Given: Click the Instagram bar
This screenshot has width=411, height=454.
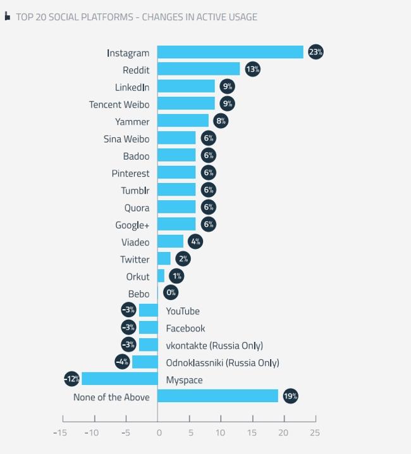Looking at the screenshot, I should (230, 53).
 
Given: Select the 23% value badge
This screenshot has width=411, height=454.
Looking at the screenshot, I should (316, 53).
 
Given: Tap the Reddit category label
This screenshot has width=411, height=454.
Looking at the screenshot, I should (136, 70).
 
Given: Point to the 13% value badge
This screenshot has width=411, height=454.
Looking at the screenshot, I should (252, 70).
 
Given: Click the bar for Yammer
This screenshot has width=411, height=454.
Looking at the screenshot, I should (183, 121).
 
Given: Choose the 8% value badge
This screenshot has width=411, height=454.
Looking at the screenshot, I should (221, 121).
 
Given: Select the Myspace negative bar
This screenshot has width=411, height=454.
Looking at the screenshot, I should (120, 379).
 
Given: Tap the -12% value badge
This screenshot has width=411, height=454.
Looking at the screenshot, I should (71, 379).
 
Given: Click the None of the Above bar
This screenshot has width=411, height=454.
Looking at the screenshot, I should (218, 396).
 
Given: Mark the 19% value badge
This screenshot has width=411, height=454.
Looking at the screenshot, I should (290, 396).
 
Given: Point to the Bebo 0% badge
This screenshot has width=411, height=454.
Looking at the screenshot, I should (170, 293).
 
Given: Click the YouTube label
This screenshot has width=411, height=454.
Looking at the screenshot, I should (183, 311).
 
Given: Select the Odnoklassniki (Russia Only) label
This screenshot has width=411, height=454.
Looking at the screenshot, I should (222, 363).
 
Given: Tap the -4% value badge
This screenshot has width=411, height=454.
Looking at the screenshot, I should (122, 362).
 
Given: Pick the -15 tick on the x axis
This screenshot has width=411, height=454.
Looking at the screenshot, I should (60, 433).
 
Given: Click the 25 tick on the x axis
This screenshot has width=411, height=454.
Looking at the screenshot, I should (314, 433).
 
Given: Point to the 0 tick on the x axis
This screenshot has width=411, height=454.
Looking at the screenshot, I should (159, 433).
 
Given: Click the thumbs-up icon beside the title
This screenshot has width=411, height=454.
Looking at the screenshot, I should (8, 17).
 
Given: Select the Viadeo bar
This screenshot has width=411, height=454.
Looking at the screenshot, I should (170, 241).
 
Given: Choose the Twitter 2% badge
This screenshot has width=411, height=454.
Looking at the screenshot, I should (183, 259).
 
